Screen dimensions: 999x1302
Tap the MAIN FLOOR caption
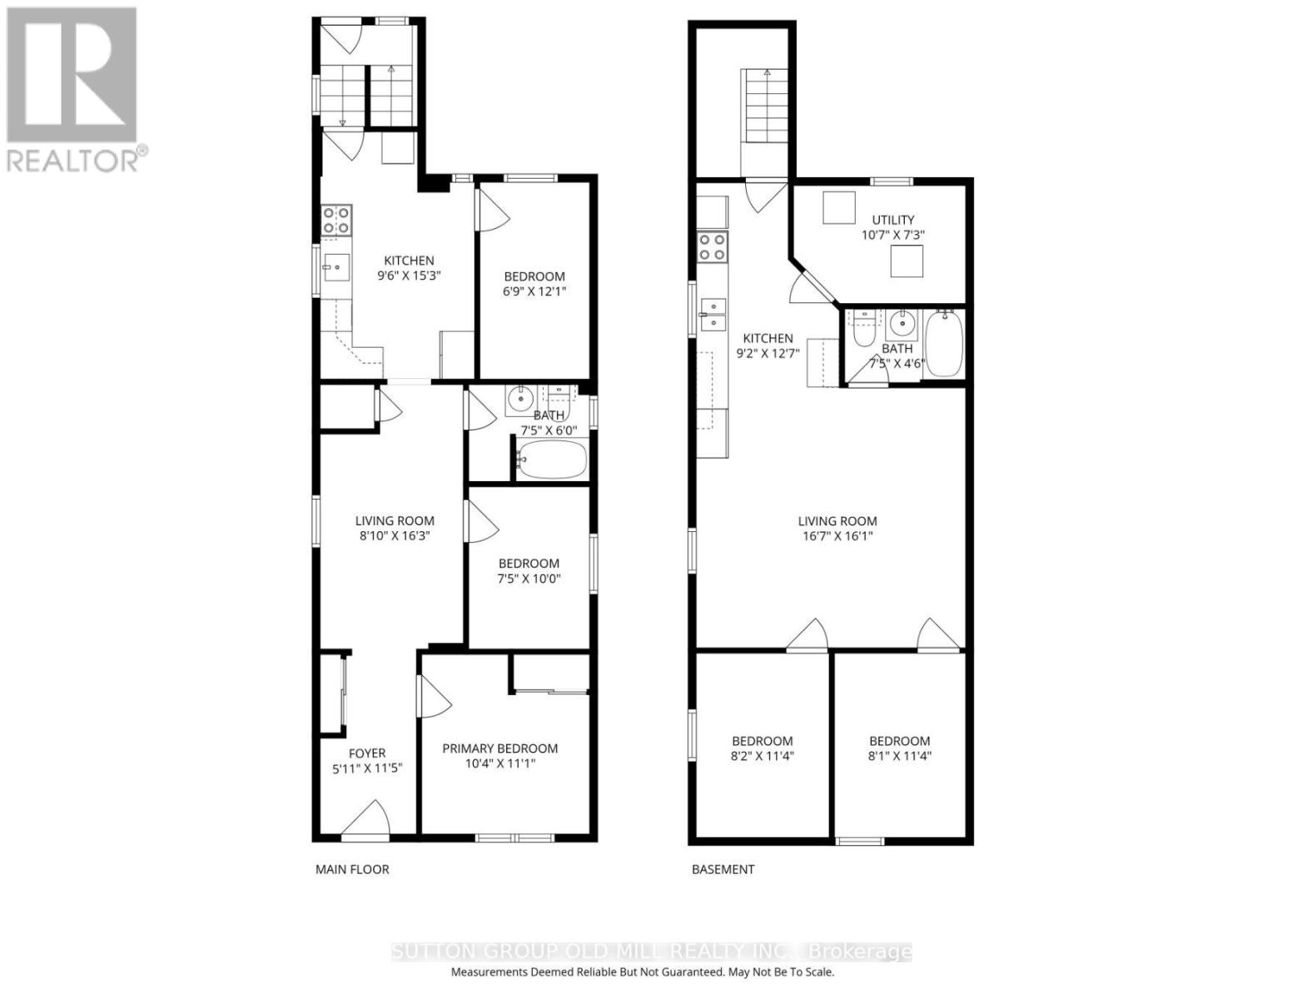[352, 869]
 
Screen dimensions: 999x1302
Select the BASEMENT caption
[723, 869]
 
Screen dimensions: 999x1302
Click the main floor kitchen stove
[336, 220]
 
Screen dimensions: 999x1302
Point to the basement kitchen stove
[713, 247]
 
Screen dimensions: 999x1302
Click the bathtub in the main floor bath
[551, 460]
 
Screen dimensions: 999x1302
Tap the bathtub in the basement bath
[943, 343]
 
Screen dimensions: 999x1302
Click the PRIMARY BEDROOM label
[499, 748]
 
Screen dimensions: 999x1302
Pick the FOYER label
[366, 753]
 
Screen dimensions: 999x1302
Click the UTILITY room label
[893, 220]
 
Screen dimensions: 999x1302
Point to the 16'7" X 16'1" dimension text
[837, 536]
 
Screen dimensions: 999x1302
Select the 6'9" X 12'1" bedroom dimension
[534, 291]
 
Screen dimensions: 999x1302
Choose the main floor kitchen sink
[336, 267]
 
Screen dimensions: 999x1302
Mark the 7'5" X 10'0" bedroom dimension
[529, 579]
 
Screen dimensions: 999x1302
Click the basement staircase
[765, 107]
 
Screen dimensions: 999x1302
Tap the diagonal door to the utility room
[813, 283]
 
